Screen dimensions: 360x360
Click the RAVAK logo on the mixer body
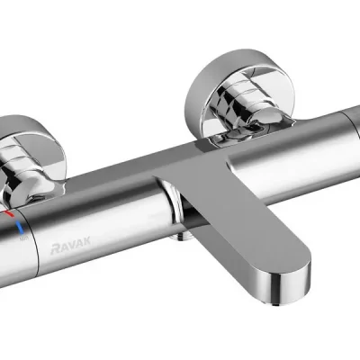tap(71, 245)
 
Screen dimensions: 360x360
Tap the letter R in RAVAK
tap(56, 248)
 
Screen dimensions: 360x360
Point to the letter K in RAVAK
tap(86, 240)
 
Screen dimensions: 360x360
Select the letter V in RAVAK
tap(72, 245)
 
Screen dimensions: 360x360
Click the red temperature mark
tap(8, 213)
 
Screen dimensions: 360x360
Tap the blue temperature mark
tap(21, 228)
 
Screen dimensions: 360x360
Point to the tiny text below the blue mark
tap(24, 238)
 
